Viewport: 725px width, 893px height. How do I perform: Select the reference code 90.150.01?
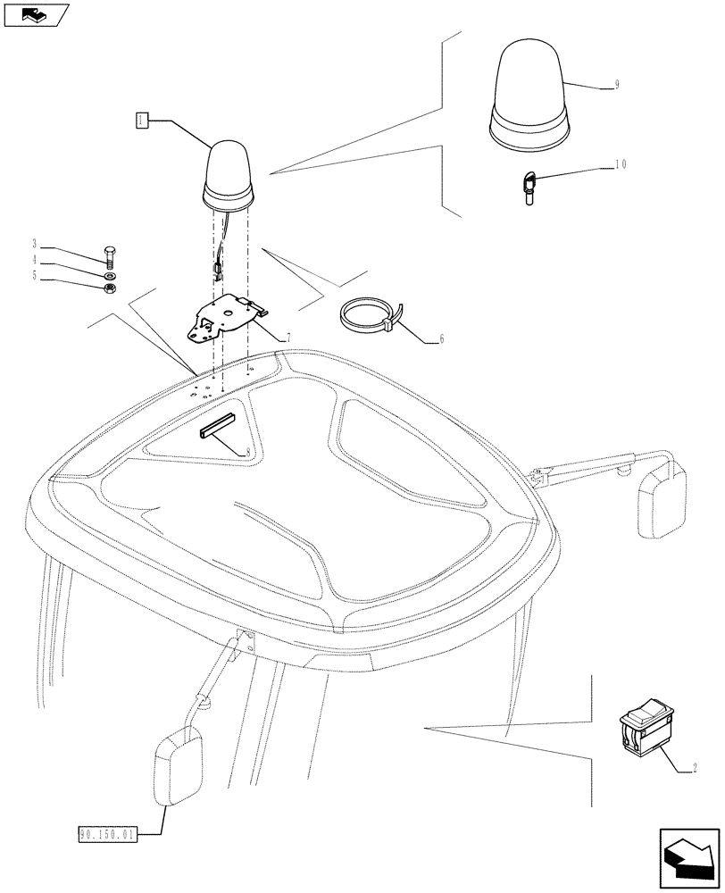click(106, 835)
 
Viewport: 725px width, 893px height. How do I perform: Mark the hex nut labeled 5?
click(109, 289)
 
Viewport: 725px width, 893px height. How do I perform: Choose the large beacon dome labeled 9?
click(527, 98)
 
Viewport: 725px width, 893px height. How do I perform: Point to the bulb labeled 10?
click(529, 189)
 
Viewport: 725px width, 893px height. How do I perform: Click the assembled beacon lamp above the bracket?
click(228, 173)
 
